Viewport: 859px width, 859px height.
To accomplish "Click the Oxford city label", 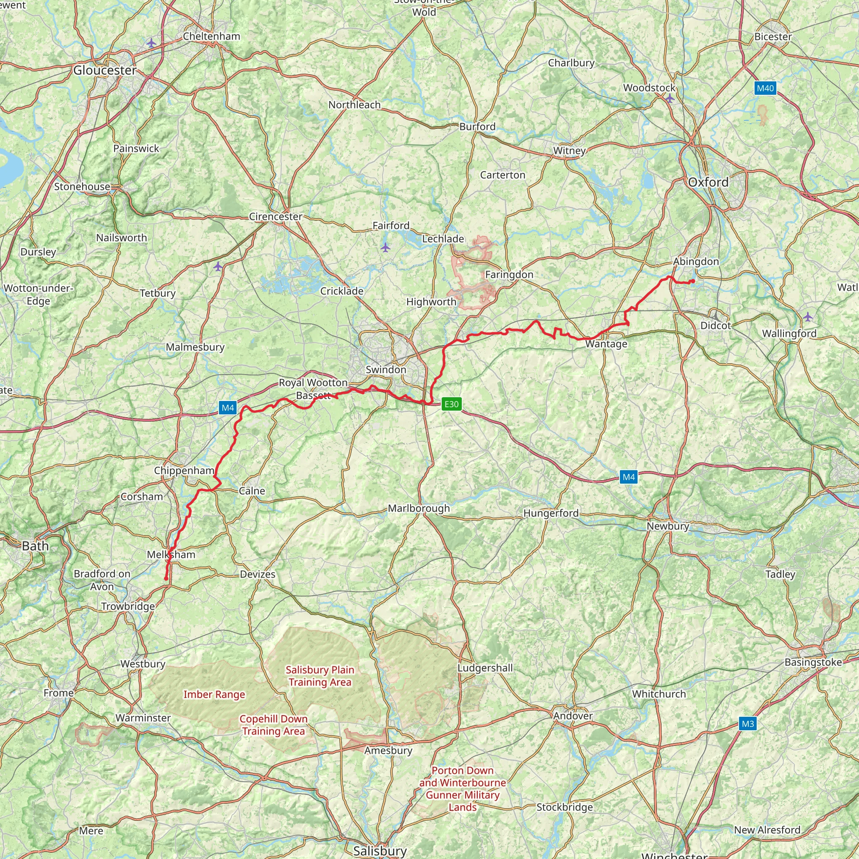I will coord(708,182).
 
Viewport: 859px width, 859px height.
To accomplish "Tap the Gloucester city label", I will coord(105,70).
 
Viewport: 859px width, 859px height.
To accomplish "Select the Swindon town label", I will coord(386,370).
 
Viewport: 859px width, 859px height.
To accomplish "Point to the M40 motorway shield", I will coord(765,88).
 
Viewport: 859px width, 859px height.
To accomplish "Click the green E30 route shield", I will coord(451,404).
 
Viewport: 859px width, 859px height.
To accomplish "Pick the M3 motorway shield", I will coord(748,724).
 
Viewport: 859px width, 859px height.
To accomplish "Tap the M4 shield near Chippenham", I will coord(228,408).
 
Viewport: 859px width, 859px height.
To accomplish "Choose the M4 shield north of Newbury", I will coord(629,477).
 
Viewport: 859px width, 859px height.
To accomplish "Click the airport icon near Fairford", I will coord(385,247).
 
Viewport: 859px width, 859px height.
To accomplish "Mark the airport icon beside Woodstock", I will coord(669,99).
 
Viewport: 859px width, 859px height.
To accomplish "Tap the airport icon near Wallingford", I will coord(808,317).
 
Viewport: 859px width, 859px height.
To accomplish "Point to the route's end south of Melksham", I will coord(166,578).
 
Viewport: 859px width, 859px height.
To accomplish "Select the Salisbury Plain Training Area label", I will coord(320,676).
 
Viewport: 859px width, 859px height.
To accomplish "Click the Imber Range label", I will coord(214,695).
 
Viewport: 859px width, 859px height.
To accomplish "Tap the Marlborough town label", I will coord(419,508).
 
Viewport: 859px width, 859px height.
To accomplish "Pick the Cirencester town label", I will coord(275,216).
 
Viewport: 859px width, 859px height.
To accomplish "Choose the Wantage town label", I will coord(606,344).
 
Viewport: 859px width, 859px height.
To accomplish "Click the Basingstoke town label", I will coord(813,662).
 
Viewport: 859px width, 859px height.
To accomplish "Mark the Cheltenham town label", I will coord(212,36).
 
